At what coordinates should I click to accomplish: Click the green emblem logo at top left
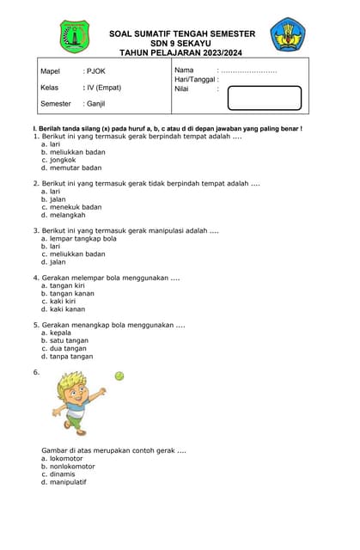[x=74, y=37]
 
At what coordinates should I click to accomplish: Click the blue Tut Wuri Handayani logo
[x=286, y=35]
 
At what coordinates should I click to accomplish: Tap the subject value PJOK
[x=95, y=71]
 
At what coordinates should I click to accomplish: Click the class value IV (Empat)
[x=102, y=88]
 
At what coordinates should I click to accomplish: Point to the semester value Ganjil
[x=95, y=104]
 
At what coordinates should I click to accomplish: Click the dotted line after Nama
[x=249, y=70]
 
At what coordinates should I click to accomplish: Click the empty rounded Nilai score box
[x=264, y=98]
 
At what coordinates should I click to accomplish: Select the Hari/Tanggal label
[x=194, y=79]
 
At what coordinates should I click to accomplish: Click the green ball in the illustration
[x=119, y=376]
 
